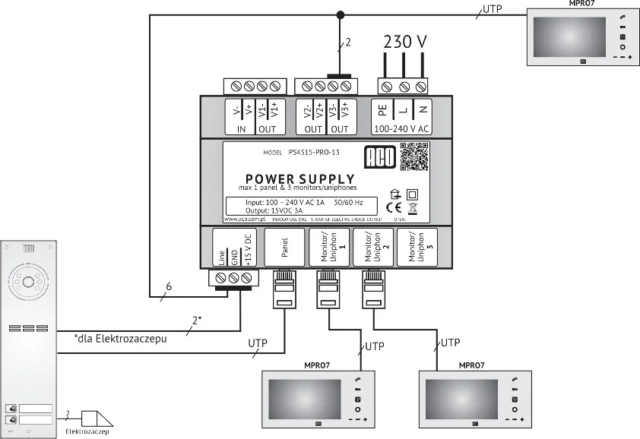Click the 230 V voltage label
pos(404,42)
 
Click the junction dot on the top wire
pos(341,13)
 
